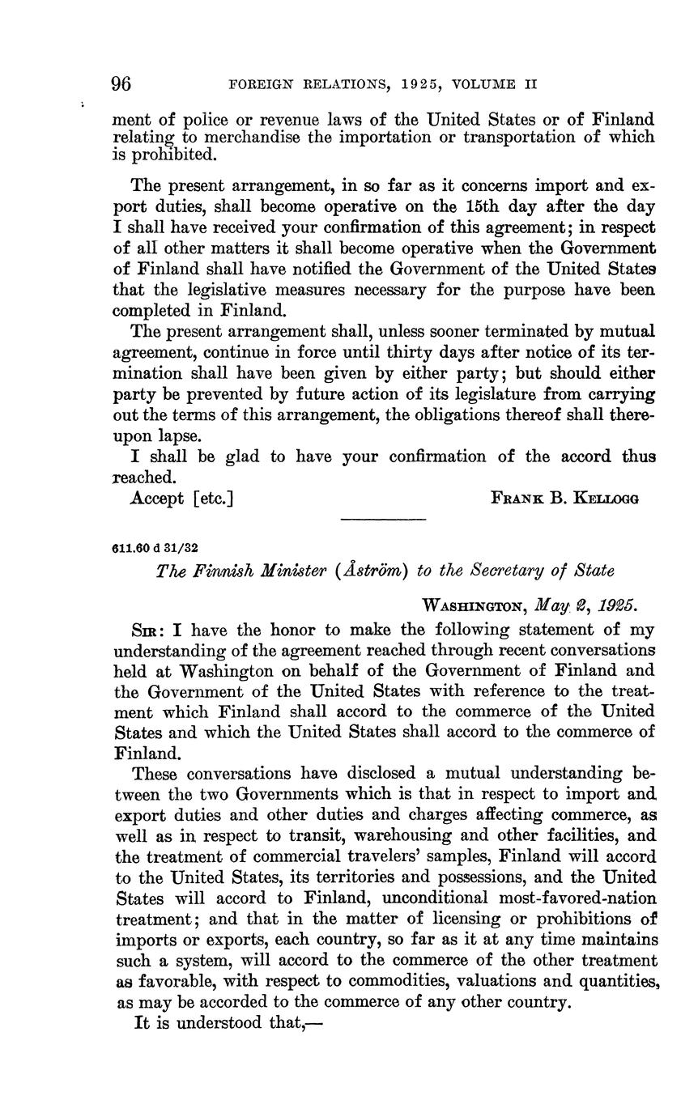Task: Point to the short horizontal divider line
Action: pos(385,519)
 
